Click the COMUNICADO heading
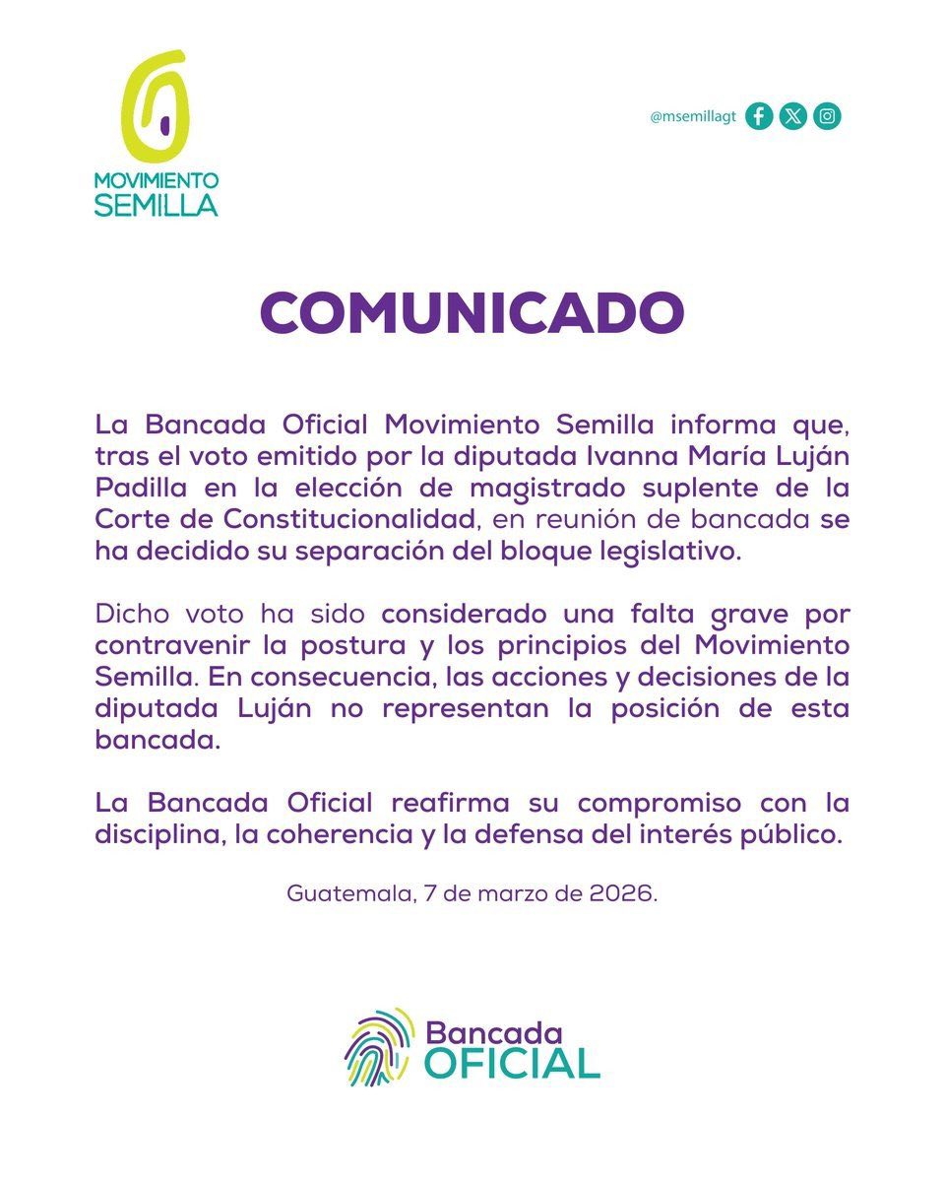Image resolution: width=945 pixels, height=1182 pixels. pyautogui.click(x=472, y=312)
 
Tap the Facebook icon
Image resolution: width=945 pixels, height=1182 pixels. pyautogui.click(x=758, y=116)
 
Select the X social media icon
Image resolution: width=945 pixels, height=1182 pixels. pyautogui.click(x=792, y=116)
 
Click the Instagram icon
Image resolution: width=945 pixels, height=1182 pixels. pyautogui.click(x=828, y=116)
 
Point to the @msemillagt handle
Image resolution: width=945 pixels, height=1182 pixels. pyautogui.click(x=693, y=117)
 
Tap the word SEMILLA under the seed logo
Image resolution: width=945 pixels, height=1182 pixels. pyautogui.click(x=156, y=204)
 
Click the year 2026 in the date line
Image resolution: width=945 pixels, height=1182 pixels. pyautogui.click(x=622, y=895)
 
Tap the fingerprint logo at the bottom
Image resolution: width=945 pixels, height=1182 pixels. pyautogui.click(x=378, y=1047)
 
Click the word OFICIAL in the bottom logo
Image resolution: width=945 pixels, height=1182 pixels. pyautogui.click(x=512, y=1063)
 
